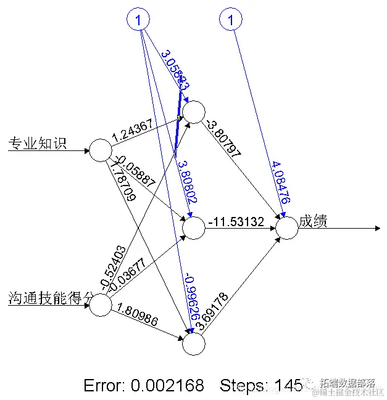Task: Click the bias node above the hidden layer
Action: pyautogui.click(x=139, y=20)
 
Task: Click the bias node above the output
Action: pyautogui.click(x=231, y=20)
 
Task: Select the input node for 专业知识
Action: pyautogui.click(x=100, y=150)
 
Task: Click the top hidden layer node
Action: pyautogui.click(x=193, y=112)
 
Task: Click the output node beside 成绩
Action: pyautogui.click(x=286, y=228)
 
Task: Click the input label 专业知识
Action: pyautogui.click(x=37, y=144)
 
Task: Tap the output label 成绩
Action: pyautogui.click(x=313, y=221)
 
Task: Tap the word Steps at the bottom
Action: pyautogui.click(x=240, y=386)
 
